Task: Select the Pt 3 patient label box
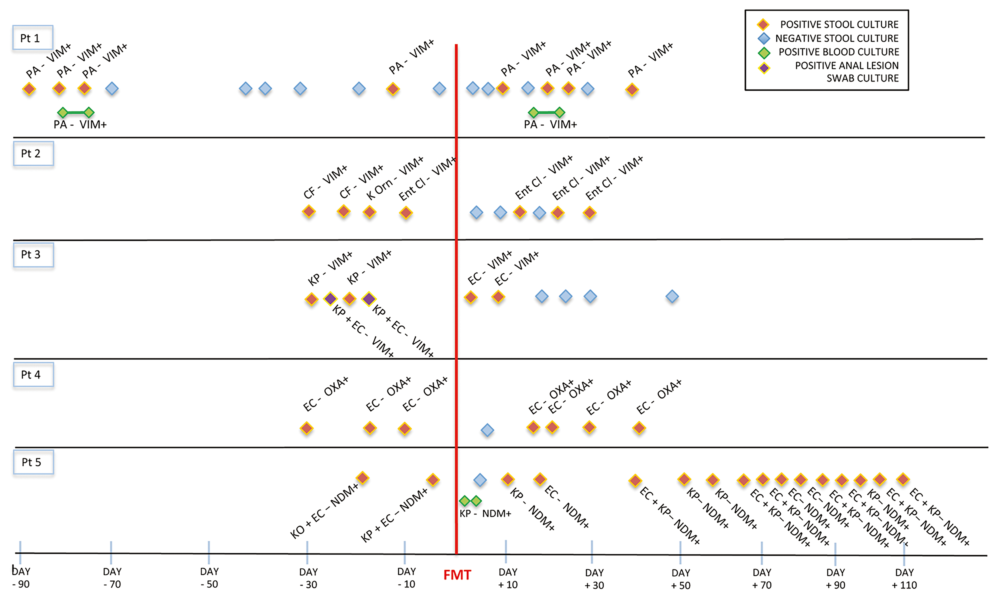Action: pyautogui.click(x=33, y=254)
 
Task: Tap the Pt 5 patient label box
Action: pyautogui.click(x=33, y=462)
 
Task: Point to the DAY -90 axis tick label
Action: pyautogui.click(x=21, y=578)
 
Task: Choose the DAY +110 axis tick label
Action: pyautogui.click(x=904, y=578)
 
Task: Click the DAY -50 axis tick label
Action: pyautogui.click(x=209, y=578)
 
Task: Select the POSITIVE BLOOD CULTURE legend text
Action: pyautogui.click(x=838, y=52)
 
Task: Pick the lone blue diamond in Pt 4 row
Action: pyautogui.click(x=487, y=430)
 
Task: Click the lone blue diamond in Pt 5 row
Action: pyautogui.click(x=480, y=480)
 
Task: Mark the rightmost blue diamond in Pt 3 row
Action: pyautogui.click(x=672, y=297)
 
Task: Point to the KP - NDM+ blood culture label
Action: pyautogui.click(x=485, y=513)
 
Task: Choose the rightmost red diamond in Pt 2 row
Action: pyautogui.click(x=589, y=212)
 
